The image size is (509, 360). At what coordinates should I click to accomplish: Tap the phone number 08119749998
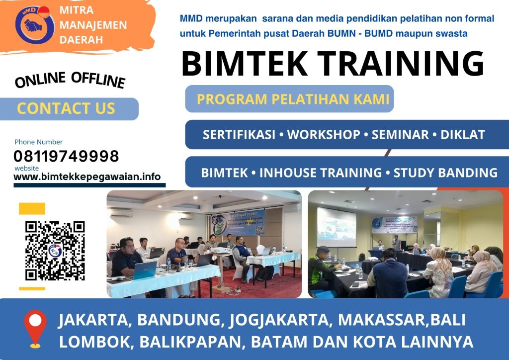pyautogui.click(x=66, y=157)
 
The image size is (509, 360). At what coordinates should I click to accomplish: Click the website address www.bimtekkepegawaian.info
pyautogui.click(x=87, y=177)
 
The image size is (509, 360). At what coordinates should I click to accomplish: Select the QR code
pyautogui.click(x=55, y=251)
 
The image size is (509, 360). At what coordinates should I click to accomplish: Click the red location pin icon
pyautogui.click(x=35, y=328)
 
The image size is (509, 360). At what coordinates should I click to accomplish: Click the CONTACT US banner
pyautogui.click(x=66, y=108)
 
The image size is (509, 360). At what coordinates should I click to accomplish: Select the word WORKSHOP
pyautogui.click(x=324, y=135)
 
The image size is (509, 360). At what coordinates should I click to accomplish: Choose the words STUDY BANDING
pyautogui.click(x=445, y=173)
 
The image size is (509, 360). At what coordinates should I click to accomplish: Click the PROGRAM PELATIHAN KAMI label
pyautogui.click(x=293, y=99)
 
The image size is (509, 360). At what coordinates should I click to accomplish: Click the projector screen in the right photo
pyautogui.click(x=337, y=227)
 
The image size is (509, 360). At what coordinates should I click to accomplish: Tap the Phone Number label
pyautogui.click(x=39, y=142)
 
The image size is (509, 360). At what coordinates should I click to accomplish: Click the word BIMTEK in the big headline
pyautogui.click(x=246, y=63)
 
